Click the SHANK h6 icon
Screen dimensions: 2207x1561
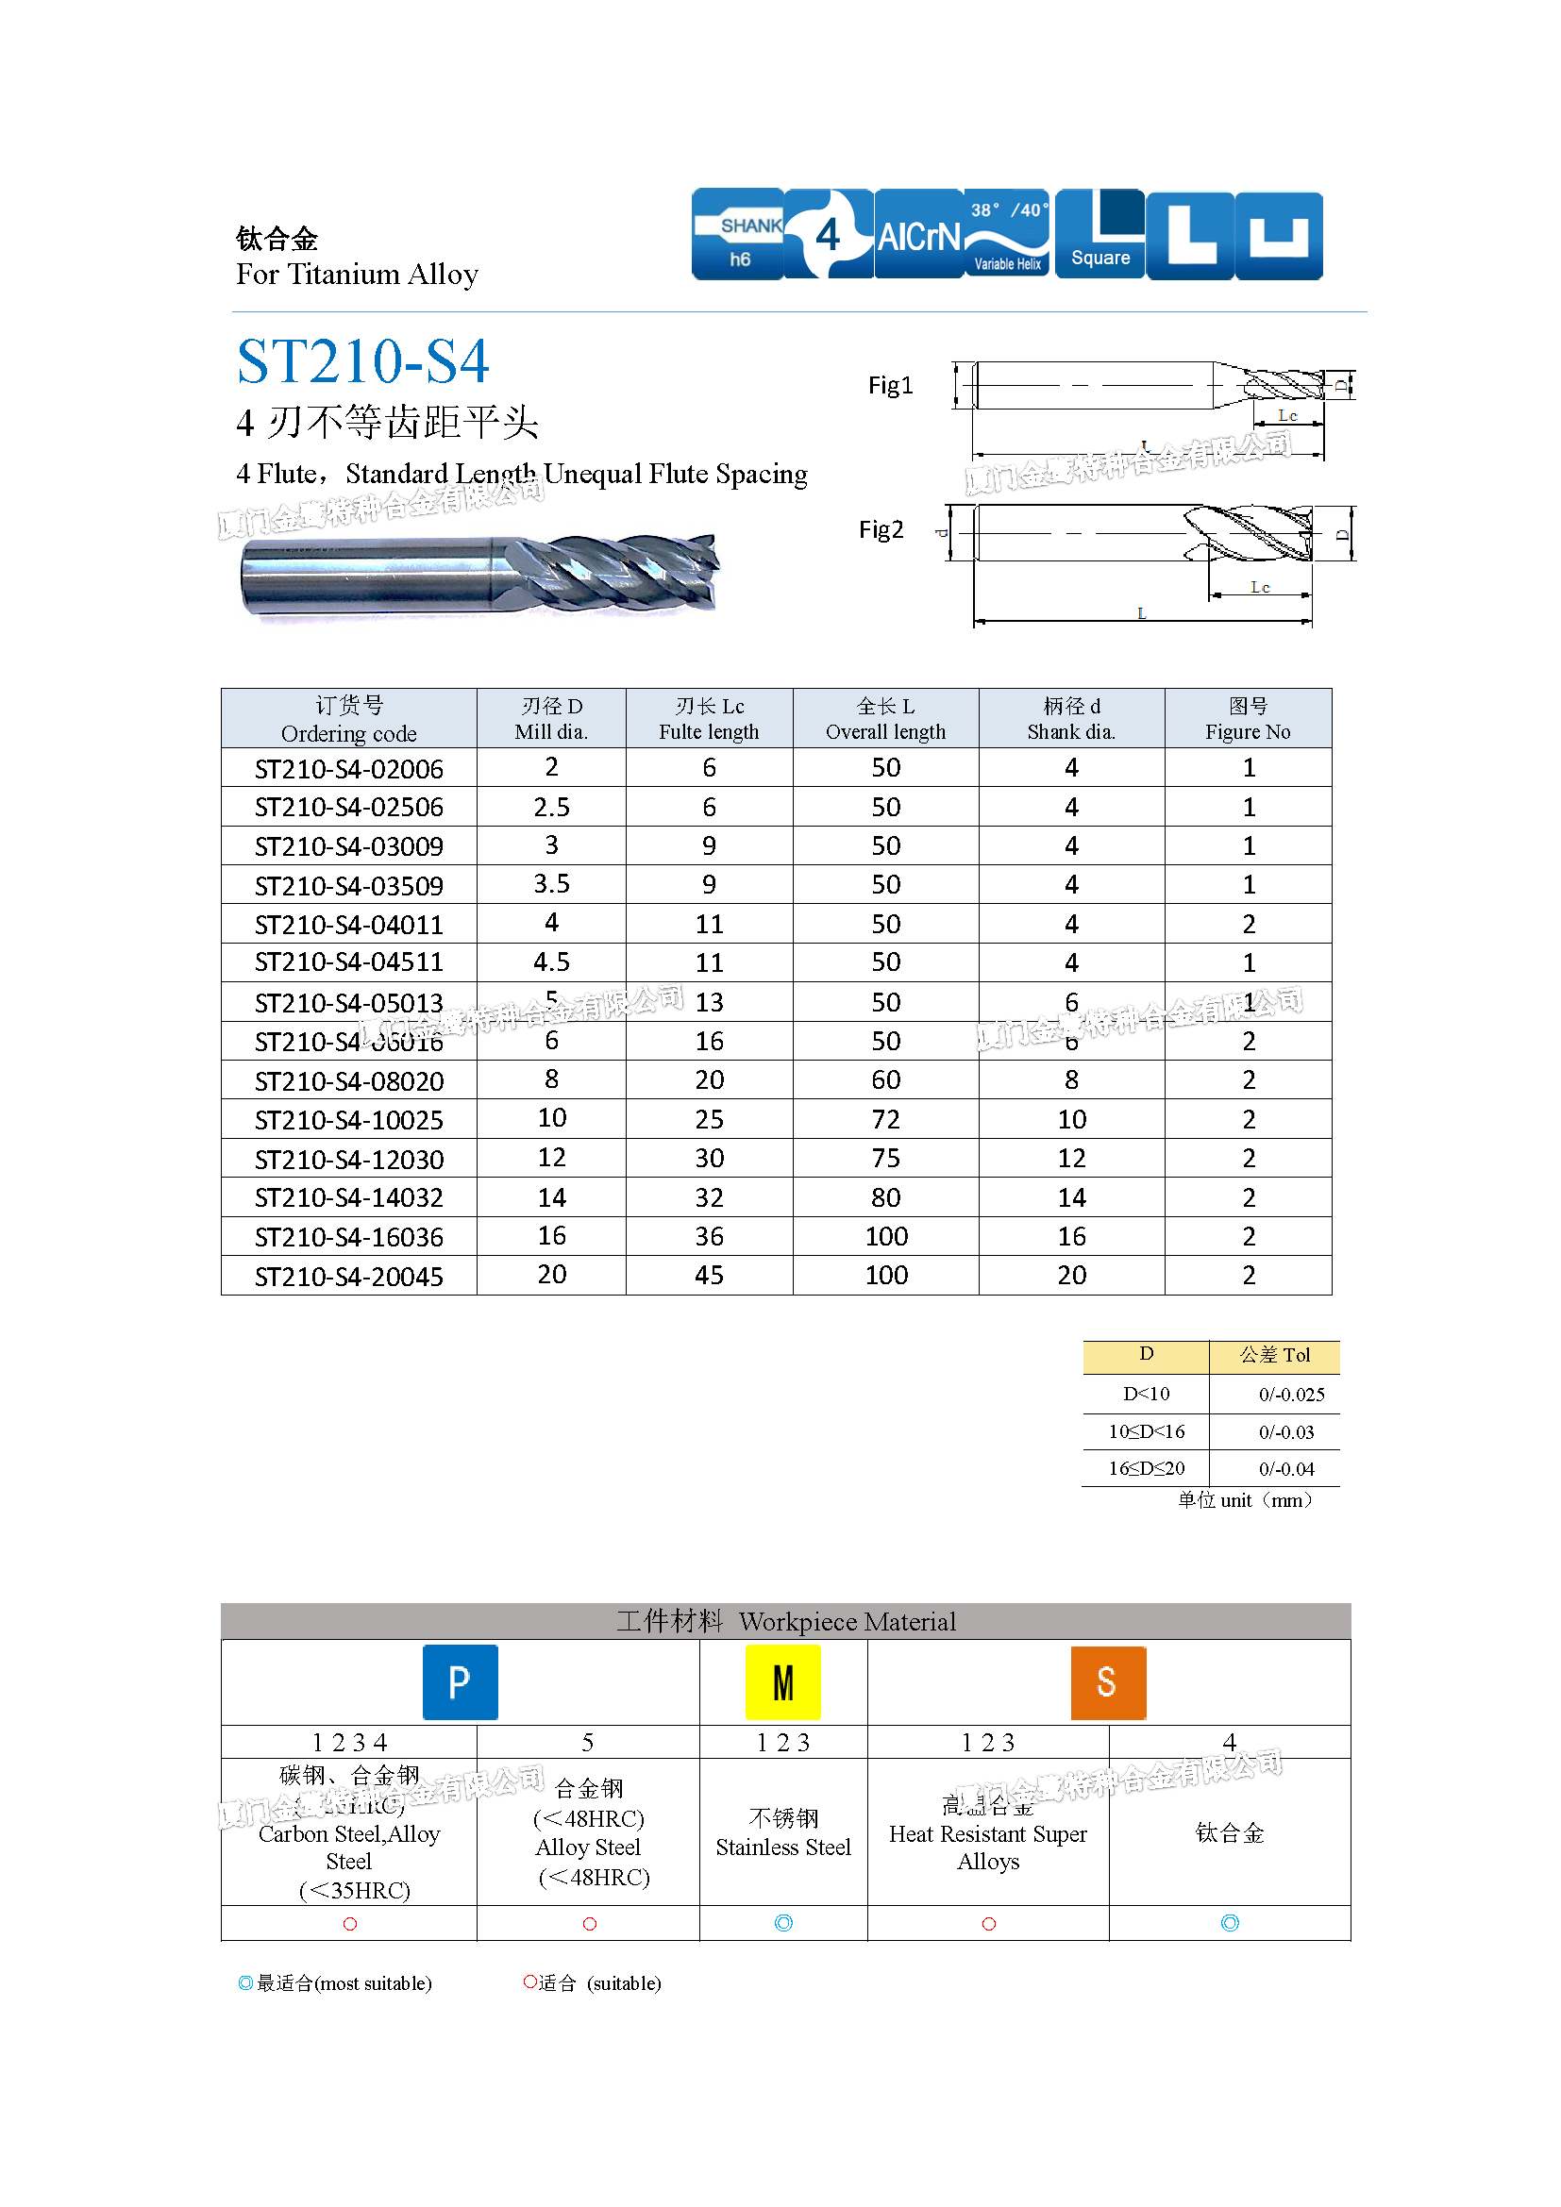pos(737,235)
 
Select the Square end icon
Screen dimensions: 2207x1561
pos(1100,235)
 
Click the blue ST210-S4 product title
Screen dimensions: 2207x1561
pos(362,361)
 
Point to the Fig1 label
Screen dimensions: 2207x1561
pos(890,386)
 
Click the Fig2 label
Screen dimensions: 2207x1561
pos(881,529)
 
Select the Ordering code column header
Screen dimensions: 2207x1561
pos(349,719)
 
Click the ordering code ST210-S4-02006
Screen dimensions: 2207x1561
pos(349,769)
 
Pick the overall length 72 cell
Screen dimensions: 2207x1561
pos(885,1120)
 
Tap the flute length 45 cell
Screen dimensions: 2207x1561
pos(710,1276)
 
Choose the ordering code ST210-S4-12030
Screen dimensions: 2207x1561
pos(349,1160)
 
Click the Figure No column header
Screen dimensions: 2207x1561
pos(1248,719)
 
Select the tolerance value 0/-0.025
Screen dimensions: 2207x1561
pos(1291,1395)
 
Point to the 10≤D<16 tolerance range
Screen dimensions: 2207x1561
pos(1146,1432)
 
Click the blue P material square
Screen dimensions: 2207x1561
pos(461,1682)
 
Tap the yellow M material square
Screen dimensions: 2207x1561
pos(782,1682)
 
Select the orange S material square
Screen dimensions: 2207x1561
pos(1107,1682)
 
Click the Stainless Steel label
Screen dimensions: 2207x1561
pos(783,1848)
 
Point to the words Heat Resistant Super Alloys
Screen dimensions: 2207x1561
pos(988,1848)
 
